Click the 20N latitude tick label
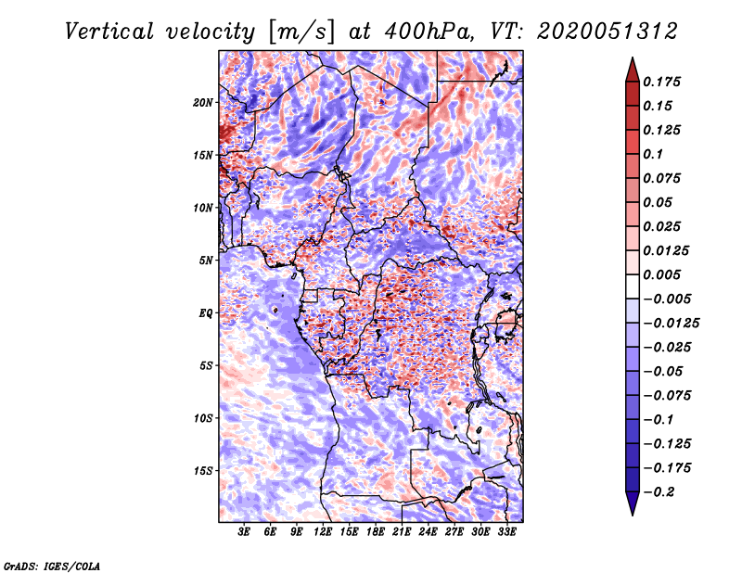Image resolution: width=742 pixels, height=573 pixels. [x=202, y=103]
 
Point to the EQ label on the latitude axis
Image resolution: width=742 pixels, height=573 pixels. [x=205, y=313]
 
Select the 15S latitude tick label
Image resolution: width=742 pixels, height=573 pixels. [x=202, y=471]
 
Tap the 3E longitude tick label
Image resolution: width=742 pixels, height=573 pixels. [x=244, y=532]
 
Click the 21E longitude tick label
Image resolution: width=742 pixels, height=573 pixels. [x=402, y=532]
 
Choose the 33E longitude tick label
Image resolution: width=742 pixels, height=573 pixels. [x=506, y=532]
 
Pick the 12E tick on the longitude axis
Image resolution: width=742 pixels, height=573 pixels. [x=323, y=532]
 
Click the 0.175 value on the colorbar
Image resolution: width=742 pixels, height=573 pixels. [x=661, y=82]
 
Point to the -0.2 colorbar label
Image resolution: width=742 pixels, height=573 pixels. [x=659, y=492]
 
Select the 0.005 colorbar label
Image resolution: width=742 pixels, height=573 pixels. [x=661, y=274]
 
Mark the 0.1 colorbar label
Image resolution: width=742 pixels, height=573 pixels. [x=653, y=154]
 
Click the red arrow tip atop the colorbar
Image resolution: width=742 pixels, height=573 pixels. [x=633, y=57]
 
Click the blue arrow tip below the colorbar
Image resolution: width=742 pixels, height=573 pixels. [x=633, y=515]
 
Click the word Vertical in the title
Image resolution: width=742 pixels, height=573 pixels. [x=109, y=32]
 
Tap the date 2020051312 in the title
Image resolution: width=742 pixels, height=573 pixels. [x=608, y=32]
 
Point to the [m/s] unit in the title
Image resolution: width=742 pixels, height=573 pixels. [x=301, y=32]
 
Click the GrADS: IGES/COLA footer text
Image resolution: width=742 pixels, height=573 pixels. [x=52, y=566]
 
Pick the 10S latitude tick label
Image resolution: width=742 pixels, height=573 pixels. [x=202, y=418]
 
